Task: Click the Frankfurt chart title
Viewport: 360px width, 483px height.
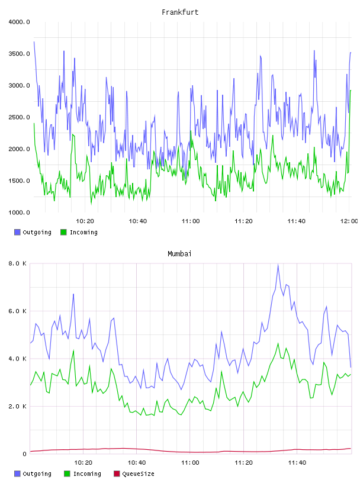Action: click(x=180, y=12)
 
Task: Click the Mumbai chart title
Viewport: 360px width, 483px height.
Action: click(x=179, y=254)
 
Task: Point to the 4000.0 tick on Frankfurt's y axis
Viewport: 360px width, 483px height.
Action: click(x=19, y=22)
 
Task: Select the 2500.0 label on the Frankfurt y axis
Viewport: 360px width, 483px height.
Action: click(x=19, y=117)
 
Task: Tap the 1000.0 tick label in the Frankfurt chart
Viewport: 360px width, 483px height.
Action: click(x=19, y=212)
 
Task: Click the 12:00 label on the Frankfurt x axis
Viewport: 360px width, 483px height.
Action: click(x=349, y=221)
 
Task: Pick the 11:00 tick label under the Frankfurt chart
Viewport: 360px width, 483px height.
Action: click(x=191, y=221)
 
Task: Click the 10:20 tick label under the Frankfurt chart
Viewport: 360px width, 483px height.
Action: click(x=85, y=221)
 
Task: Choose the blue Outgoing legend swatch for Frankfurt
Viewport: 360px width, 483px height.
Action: click(x=17, y=232)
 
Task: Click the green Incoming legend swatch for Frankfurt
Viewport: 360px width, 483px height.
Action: click(x=63, y=232)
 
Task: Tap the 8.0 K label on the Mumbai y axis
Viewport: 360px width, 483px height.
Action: click(x=17, y=263)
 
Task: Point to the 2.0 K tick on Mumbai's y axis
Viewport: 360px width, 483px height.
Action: click(x=17, y=406)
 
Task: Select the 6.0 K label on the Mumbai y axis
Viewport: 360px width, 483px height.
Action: click(x=17, y=311)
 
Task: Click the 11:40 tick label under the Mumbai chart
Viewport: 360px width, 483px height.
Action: click(x=297, y=462)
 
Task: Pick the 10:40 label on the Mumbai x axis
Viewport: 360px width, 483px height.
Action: click(x=137, y=462)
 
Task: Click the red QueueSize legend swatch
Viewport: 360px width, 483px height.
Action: click(x=117, y=474)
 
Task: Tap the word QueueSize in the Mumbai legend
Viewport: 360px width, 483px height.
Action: click(x=138, y=474)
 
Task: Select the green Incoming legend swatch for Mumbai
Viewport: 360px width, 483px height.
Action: click(x=67, y=474)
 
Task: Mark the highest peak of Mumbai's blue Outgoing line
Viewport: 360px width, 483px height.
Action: click(x=278, y=265)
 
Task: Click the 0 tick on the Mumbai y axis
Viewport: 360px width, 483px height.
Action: click(x=25, y=454)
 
